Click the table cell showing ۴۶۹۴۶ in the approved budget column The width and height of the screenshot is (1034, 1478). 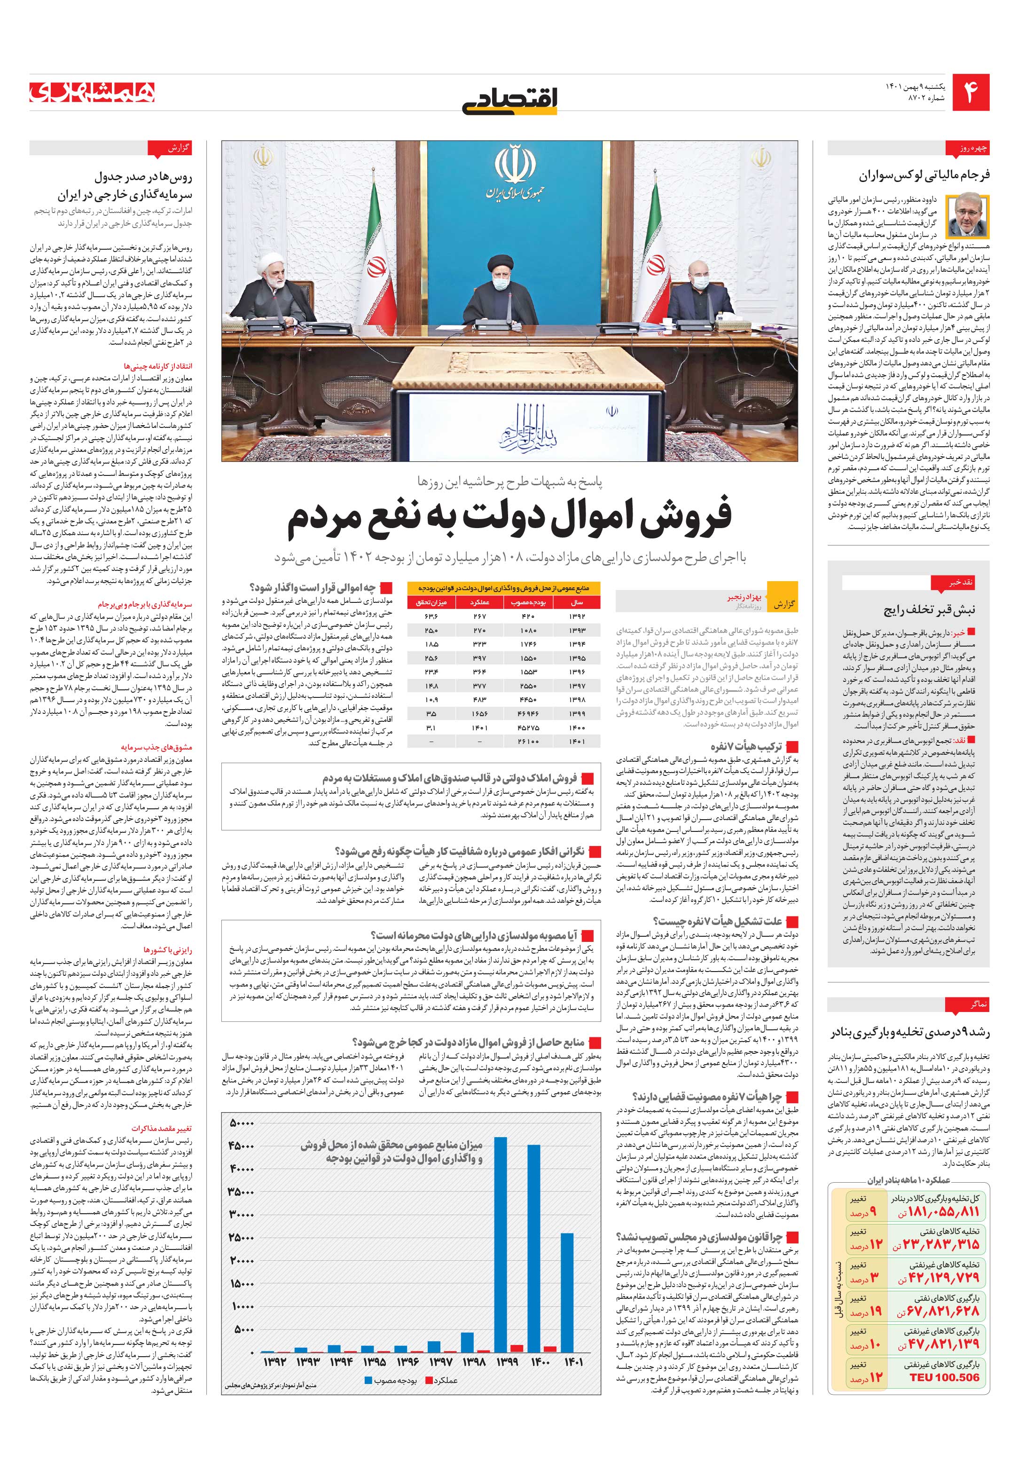528,713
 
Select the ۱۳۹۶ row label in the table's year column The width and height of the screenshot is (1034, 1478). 577,672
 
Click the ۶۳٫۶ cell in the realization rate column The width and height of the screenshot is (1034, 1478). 431,616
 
